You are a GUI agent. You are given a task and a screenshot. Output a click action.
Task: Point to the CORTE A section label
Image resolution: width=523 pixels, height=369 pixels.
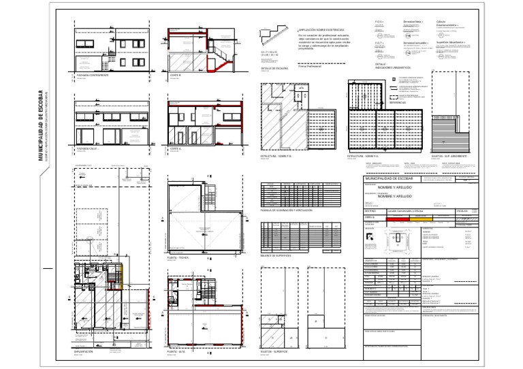click(x=175, y=147)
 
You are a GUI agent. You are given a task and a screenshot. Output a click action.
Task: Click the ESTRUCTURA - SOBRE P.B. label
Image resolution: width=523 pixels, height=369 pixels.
click(x=279, y=156)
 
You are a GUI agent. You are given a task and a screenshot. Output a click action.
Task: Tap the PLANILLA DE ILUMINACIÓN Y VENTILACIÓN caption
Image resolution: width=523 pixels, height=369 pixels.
click(x=287, y=211)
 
